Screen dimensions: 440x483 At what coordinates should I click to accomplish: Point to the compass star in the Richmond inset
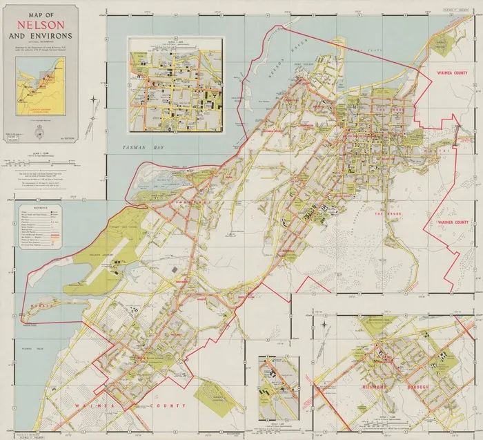click(322, 323)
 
